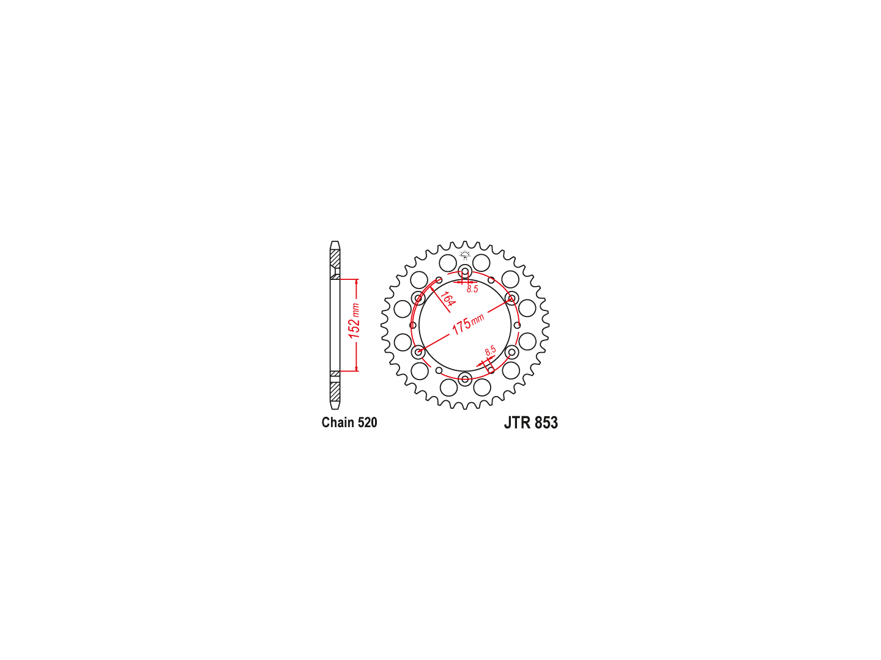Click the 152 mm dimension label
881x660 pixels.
pos(354,321)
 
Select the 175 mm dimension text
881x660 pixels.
pos(467,324)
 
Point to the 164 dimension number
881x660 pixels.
pos(447,299)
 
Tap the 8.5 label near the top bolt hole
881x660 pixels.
pos(472,289)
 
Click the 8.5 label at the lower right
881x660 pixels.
pos(491,351)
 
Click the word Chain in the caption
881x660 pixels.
pos(338,422)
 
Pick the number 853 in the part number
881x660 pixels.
pos(546,423)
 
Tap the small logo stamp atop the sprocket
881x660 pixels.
pos(465,255)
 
